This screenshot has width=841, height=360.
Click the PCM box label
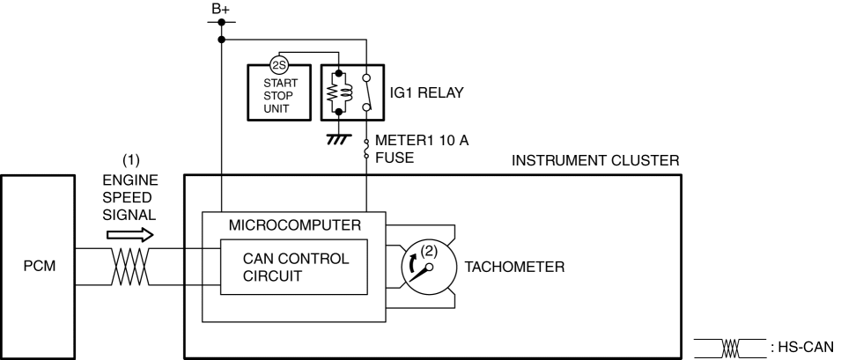click(39, 266)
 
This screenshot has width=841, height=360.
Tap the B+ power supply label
click(220, 9)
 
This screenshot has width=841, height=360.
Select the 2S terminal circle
click(279, 65)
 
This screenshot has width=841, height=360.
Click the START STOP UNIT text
click(280, 96)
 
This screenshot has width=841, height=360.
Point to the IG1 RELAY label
click(426, 92)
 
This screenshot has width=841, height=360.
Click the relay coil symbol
click(339, 92)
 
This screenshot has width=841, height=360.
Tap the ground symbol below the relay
click(338, 139)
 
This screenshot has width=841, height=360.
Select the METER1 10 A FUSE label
click(422, 149)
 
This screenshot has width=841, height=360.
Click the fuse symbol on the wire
click(367, 149)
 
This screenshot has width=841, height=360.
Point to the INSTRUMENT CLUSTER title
click(595, 161)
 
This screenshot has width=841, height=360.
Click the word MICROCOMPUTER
click(294, 225)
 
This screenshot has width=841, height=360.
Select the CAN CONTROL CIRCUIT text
click(296, 268)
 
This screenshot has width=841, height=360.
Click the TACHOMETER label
click(514, 267)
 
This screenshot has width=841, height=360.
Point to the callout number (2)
click(429, 252)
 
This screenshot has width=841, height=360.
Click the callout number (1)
click(131, 161)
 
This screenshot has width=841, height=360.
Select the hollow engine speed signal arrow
click(130, 235)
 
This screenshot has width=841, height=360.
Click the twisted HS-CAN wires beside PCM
click(130, 267)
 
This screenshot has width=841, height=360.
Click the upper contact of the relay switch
click(366, 77)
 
